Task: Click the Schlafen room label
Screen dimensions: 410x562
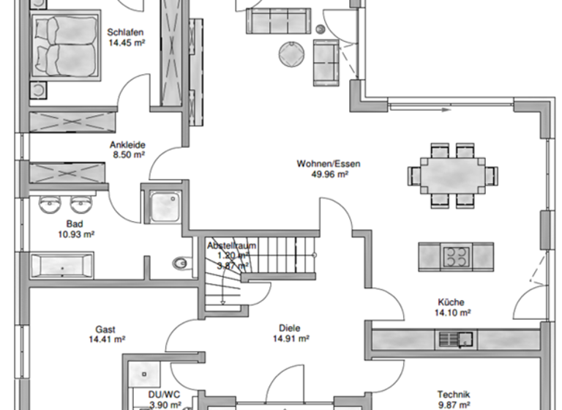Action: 125,32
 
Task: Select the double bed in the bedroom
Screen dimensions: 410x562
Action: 64,45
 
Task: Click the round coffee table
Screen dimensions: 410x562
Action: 291,53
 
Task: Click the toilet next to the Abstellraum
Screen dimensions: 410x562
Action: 180,262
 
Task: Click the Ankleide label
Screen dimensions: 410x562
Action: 127,144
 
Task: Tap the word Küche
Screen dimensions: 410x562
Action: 452,302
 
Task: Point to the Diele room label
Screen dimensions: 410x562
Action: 289,329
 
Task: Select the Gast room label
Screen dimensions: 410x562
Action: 105,329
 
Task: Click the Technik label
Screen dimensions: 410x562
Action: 453,393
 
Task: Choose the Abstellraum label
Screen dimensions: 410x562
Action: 231,246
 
